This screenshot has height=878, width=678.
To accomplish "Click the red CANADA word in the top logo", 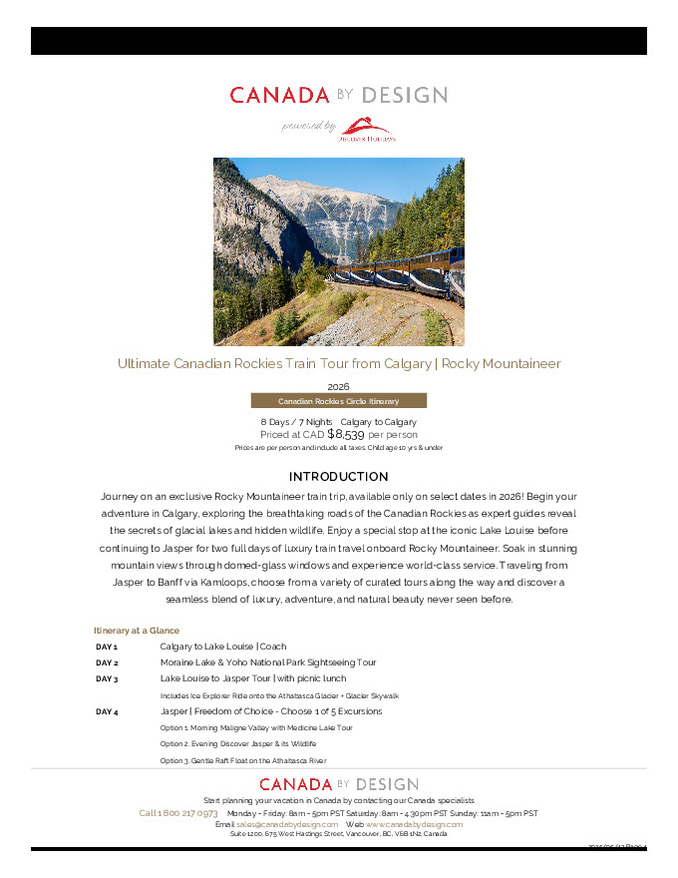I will [279, 96].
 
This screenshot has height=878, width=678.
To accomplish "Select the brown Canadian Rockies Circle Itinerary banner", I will [338, 401].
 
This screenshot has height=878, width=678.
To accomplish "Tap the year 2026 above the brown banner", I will [338, 386].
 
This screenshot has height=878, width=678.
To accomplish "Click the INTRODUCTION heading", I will [338, 477].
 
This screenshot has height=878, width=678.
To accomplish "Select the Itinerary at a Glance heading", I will [137, 631].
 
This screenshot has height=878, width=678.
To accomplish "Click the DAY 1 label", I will [107, 647].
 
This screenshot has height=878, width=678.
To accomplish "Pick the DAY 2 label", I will [107, 662].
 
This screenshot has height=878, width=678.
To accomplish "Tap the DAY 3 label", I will [107, 678].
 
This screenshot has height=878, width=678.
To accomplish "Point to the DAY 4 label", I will [107, 711].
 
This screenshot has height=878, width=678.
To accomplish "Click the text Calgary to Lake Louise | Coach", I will [223, 647].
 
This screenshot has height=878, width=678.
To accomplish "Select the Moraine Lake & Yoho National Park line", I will [268, 662].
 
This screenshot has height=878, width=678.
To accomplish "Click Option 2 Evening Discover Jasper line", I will [238, 744].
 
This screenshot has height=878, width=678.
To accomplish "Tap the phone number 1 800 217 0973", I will [178, 813].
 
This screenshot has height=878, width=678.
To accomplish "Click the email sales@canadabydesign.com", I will [287, 824].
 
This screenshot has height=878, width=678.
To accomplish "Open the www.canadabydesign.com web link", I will [414, 824].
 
